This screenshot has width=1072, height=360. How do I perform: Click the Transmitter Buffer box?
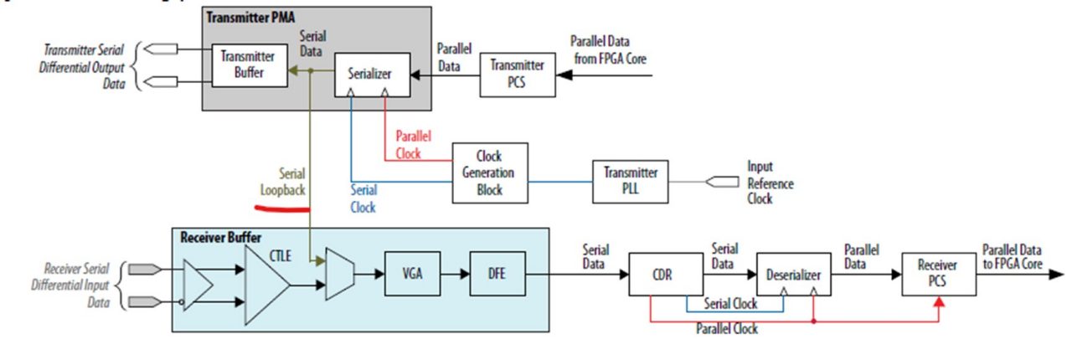(242, 64)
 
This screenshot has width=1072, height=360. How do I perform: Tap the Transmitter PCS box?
(516, 74)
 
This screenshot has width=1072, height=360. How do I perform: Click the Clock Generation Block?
(490, 172)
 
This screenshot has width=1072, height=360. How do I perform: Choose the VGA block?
(412, 273)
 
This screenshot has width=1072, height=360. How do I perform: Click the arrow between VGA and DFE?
(455, 273)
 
